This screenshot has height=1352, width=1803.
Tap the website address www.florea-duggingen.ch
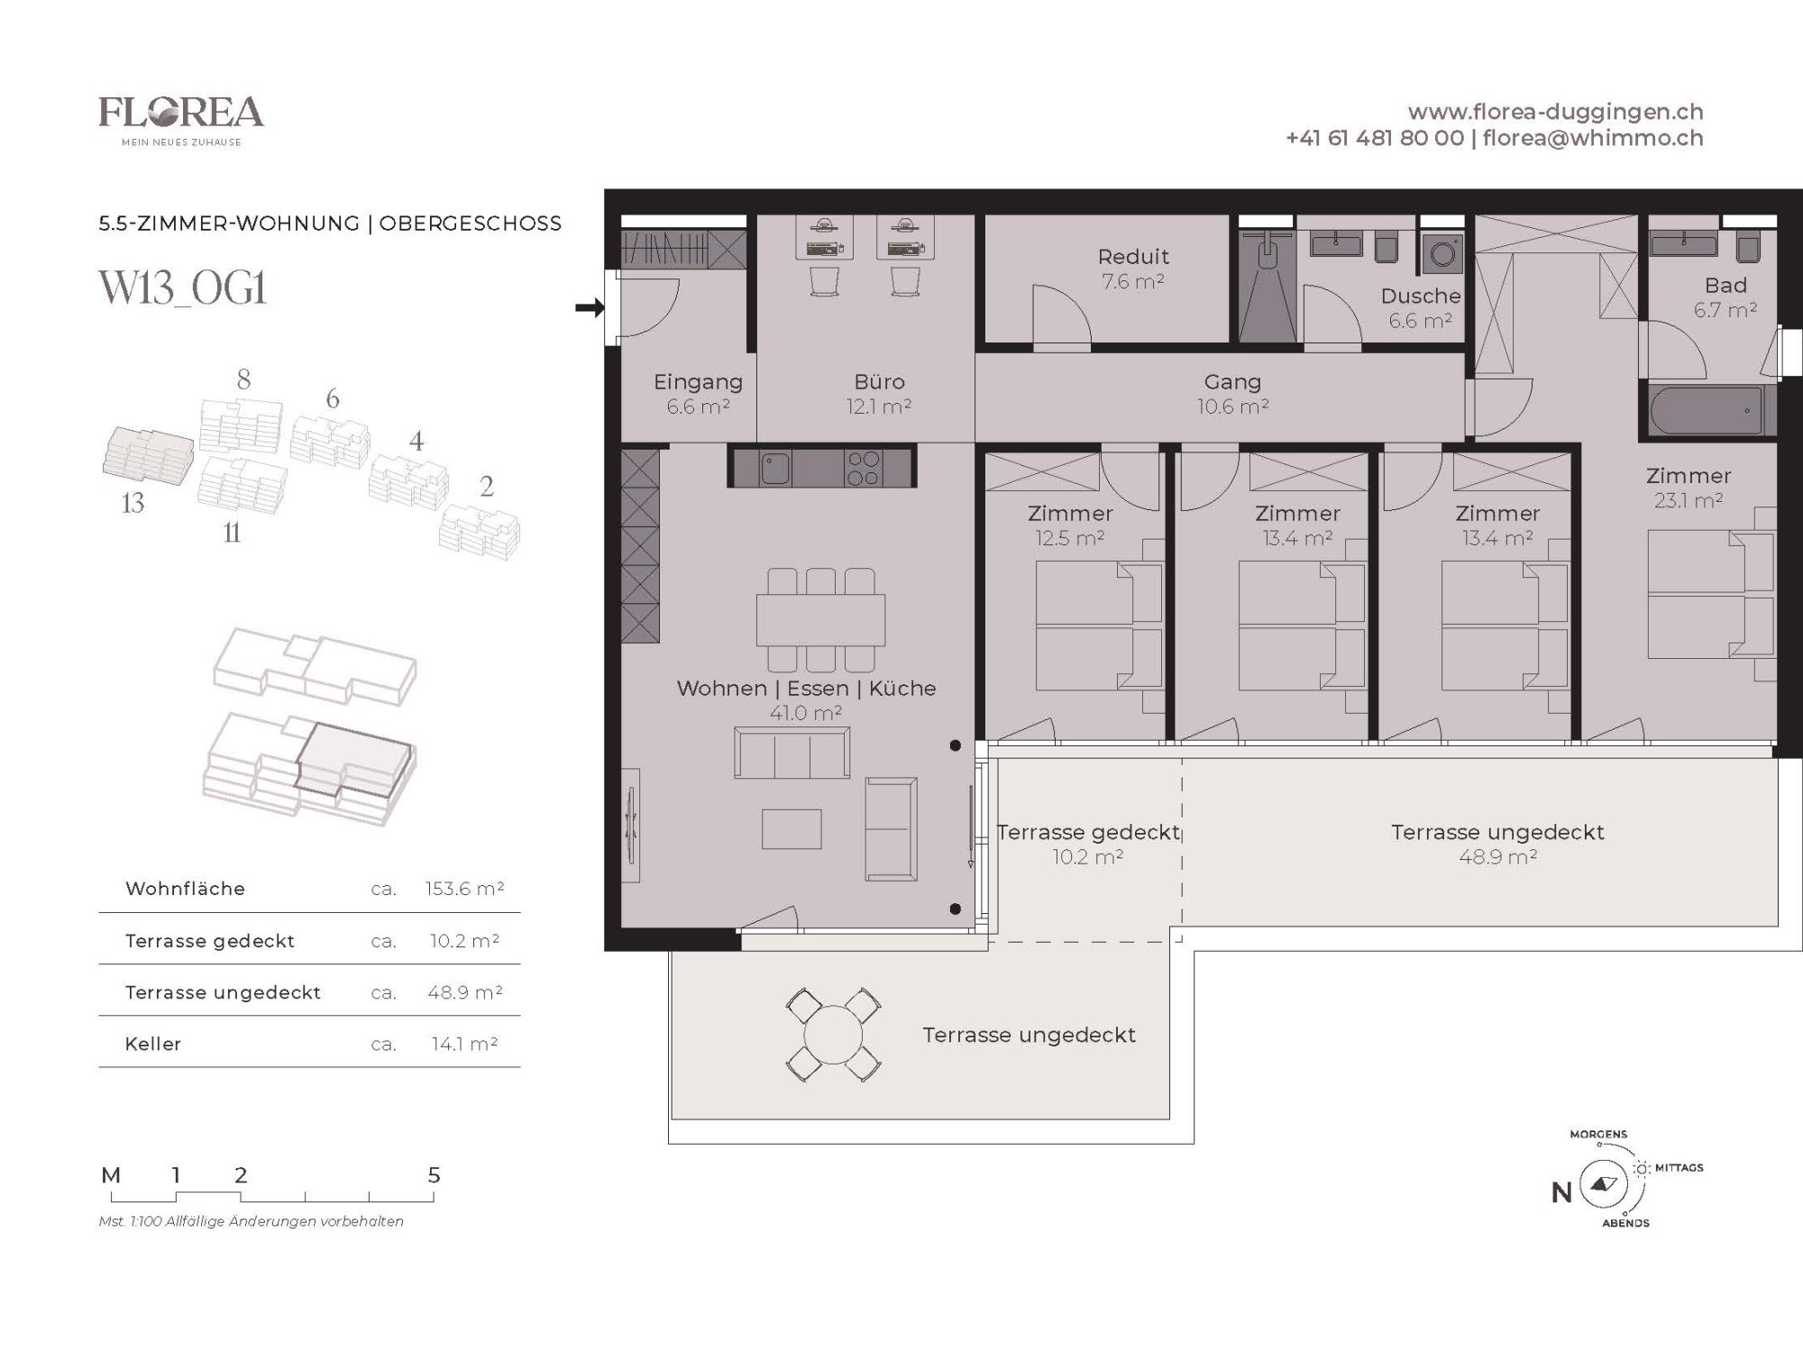click(1555, 112)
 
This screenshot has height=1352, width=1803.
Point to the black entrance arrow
click(590, 308)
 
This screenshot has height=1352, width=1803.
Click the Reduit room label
click(1133, 257)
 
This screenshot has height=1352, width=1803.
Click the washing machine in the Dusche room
click(1442, 254)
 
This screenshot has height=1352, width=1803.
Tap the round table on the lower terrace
click(834, 1035)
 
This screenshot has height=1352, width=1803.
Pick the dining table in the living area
click(820, 619)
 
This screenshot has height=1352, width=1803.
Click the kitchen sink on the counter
click(774, 469)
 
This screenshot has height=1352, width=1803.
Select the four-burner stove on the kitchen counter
click(863, 469)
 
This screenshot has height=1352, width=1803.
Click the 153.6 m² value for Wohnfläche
click(464, 889)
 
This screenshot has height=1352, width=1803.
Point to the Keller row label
click(153, 1044)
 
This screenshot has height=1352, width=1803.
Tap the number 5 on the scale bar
click(434, 1175)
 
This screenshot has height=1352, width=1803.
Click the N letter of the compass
click(1561, 1192)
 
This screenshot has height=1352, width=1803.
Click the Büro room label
click(880, 382)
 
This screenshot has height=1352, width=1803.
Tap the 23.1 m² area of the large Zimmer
click(1689, 500)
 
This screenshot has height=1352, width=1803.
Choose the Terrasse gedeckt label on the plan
click(1088, 832)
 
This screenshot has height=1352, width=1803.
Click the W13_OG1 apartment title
click(182, 289)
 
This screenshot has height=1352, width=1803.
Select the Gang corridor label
click(1232, 382)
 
